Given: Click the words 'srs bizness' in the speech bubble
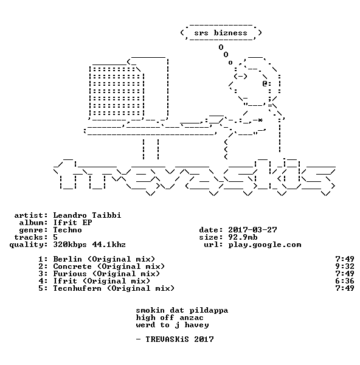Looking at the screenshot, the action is click(221, 33).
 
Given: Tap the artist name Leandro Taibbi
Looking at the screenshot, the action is click(87, 215).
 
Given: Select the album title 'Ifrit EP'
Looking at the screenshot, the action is click(72, 223).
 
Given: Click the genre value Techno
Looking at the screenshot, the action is click(67, 230).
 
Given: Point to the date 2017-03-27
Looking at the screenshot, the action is click(252, 230).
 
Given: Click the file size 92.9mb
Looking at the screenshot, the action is click(243, 237).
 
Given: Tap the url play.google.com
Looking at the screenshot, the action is click(265, 245).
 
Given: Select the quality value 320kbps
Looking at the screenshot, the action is click(70, 245).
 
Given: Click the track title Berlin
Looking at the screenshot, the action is click(67, 259).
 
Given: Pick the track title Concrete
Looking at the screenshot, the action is click(72, 266).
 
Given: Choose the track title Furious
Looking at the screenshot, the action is click(70, 274).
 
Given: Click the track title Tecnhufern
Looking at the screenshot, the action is click(77, 288).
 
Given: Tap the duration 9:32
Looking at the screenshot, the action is click(345, 266).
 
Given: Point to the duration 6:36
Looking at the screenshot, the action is click(345, 281).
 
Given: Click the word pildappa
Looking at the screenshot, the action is click(209, 310).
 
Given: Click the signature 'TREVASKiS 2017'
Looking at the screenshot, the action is click(179, 339).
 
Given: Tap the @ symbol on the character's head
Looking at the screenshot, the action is click(265, 83).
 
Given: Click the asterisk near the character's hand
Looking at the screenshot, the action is click(260, 120).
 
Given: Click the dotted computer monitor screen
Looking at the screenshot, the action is click(116, 92).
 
